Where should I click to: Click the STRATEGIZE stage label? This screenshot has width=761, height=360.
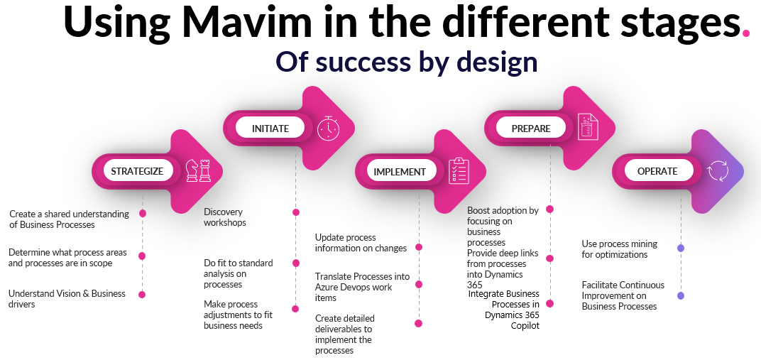pos(137,171)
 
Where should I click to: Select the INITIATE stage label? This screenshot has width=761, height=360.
pos(270,129)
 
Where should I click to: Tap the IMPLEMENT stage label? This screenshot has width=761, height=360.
pos(400,171)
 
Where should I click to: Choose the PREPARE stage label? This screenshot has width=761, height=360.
pos(531,129)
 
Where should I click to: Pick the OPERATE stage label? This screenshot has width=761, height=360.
pos(657,171)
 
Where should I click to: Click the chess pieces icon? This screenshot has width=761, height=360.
pos(198,170)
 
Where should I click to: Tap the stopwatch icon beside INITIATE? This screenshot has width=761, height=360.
pos(329,129)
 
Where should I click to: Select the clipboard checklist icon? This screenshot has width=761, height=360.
pos(459,170)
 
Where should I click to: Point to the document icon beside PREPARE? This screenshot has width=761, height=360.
pos(588,128)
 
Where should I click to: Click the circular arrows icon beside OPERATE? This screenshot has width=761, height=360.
pos(718,170)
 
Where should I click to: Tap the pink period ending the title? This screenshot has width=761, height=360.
pos(745,32)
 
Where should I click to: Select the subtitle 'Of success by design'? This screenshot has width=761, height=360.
pos(406,62)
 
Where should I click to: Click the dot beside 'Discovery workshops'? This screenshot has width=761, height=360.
pos(296,212)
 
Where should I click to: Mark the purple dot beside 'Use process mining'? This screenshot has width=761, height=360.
pos(681,248)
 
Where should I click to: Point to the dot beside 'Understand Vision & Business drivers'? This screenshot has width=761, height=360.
pos(143,294)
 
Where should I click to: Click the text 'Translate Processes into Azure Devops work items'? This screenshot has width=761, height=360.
pos(363,287)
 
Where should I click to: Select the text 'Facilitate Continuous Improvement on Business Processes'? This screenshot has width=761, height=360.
pos(623,295)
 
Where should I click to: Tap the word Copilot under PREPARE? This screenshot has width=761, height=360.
pos(525,326)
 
